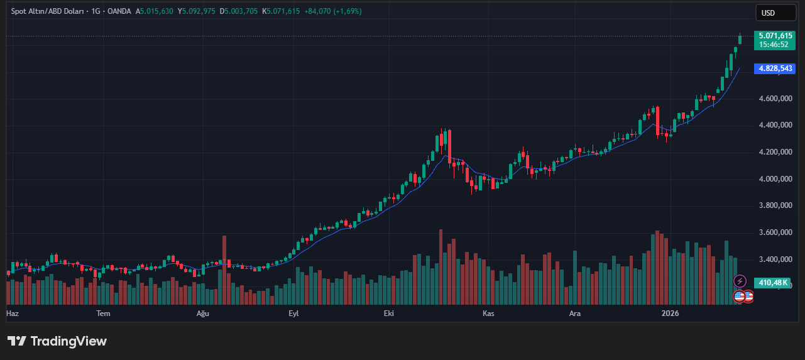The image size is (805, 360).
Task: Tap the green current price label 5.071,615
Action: click(775, 36)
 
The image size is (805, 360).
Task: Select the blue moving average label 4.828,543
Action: click(775, 68)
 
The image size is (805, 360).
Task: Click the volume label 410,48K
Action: click(773, 283)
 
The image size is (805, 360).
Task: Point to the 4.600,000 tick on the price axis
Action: click(775, 99)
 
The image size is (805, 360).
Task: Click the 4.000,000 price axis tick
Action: click(775, 179)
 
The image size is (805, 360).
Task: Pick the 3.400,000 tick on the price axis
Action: click(775, 259)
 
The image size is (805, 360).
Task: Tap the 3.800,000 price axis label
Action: click(775, 206)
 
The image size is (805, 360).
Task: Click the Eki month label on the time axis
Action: click(390, 313)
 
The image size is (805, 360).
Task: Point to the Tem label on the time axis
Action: click(103, 313)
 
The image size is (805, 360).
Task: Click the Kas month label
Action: click(489, 313)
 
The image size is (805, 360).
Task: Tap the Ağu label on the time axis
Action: click(202, 313)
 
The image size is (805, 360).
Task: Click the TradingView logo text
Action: click(68, 341)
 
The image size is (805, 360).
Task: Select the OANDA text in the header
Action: click(119, 11)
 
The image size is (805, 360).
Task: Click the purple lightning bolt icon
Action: click(740, 281)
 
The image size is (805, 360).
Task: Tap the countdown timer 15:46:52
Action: click(773, 45)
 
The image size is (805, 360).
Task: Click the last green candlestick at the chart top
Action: click(740, 40)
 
